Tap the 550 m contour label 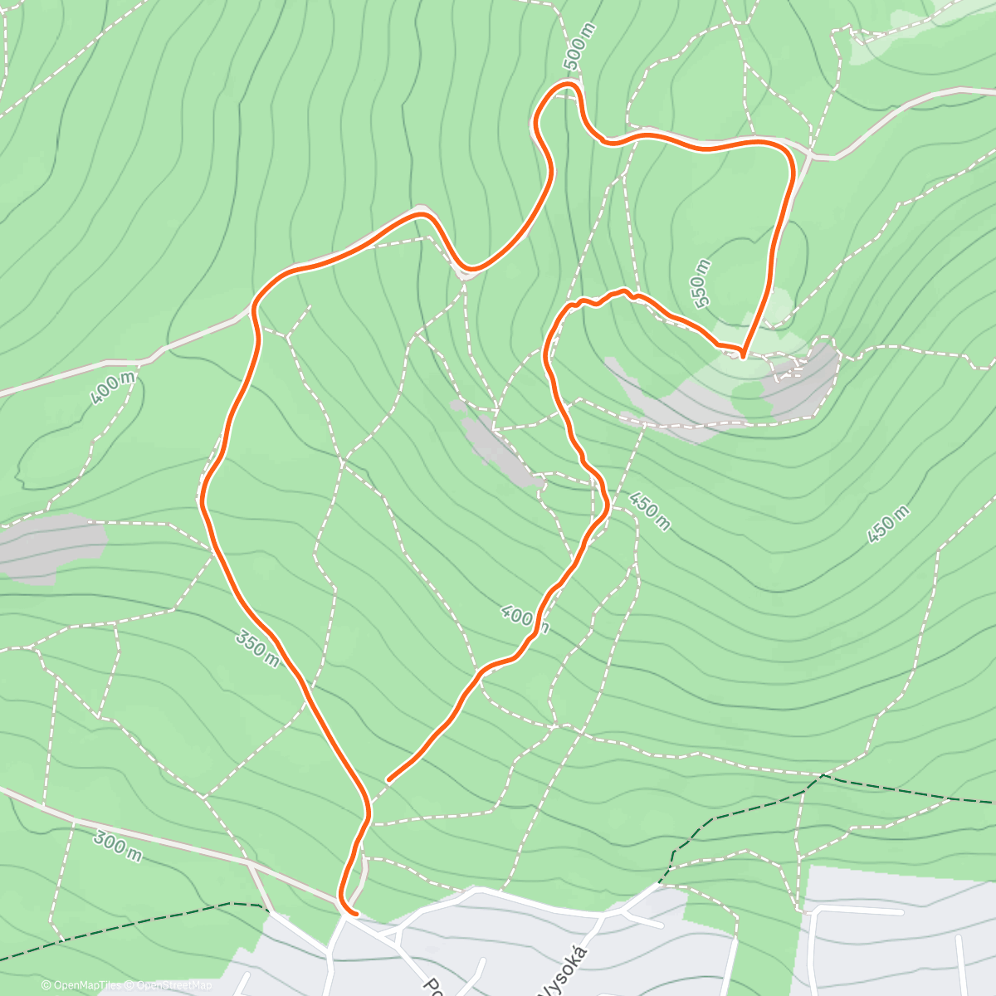click(x=701, y=283)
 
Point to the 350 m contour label click(x=257, y=647)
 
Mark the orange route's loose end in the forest click(x=388, y=780)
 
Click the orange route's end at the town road click(x=354, y=914)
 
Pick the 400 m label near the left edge click(x=113, y=388)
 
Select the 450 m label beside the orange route click(x=649, y=510)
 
